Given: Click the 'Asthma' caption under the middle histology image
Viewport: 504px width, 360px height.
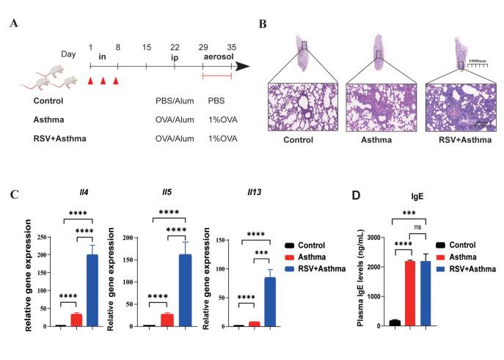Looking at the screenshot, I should coord(379,136).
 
